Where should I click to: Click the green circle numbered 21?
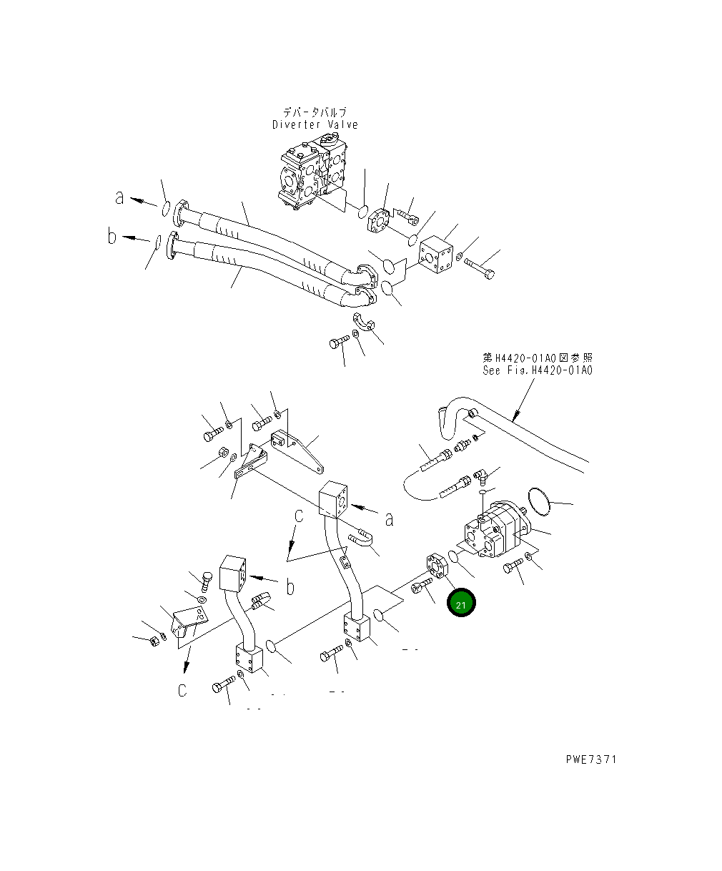[461, 604]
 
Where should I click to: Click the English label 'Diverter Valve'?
[315, 124]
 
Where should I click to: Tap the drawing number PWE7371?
[589, 759]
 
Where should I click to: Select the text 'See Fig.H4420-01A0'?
[537, 370]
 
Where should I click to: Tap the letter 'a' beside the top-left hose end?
[119, 197]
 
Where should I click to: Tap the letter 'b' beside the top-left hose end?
[112, 236]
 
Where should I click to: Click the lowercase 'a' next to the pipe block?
[389, 518]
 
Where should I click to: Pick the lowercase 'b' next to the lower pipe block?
[290, 587]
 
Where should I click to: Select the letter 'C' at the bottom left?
[183, 690]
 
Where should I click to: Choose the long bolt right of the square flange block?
[480, 268]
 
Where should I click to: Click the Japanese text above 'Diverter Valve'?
[315, 112]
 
